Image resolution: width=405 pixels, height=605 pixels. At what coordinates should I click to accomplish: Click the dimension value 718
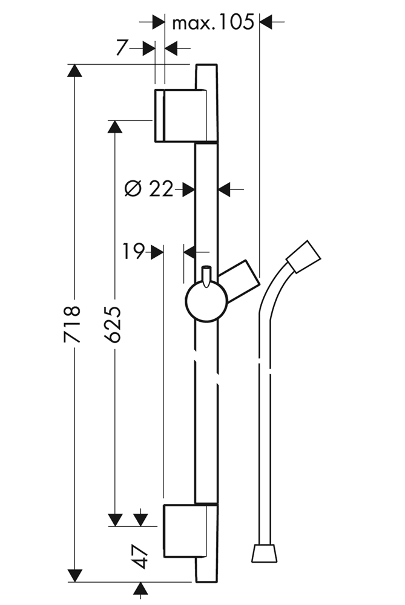click(72, 324)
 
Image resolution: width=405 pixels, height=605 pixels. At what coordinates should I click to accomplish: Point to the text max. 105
click(212, 23)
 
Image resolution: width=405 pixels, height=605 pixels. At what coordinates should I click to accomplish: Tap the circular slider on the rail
click(206, 301)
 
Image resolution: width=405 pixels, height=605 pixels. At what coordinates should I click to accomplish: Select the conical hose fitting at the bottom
click(265, 552)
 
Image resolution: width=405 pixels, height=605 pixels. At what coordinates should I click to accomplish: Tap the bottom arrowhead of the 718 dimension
click(74, 575)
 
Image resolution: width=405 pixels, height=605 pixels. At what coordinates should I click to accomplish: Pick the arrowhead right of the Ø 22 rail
click(225, 189)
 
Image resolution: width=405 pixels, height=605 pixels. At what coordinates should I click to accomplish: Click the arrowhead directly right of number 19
click(157, 252)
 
